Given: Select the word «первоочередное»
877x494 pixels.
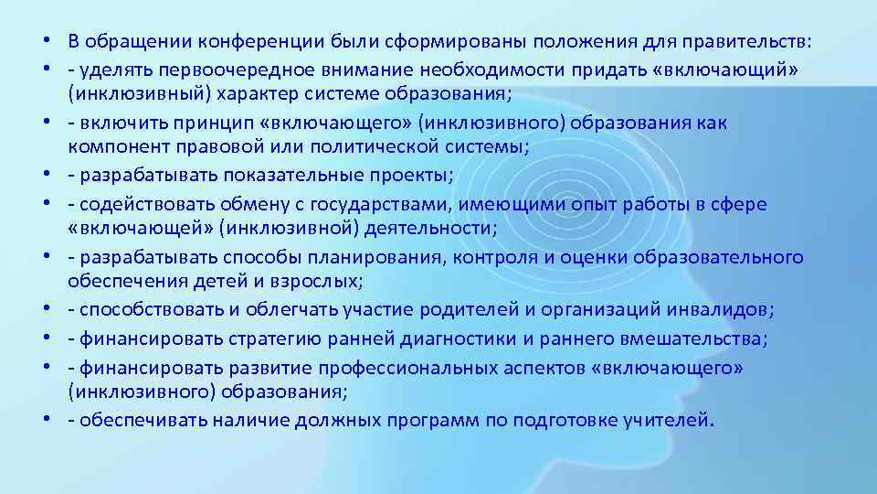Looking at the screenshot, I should [x=228, y=70].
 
